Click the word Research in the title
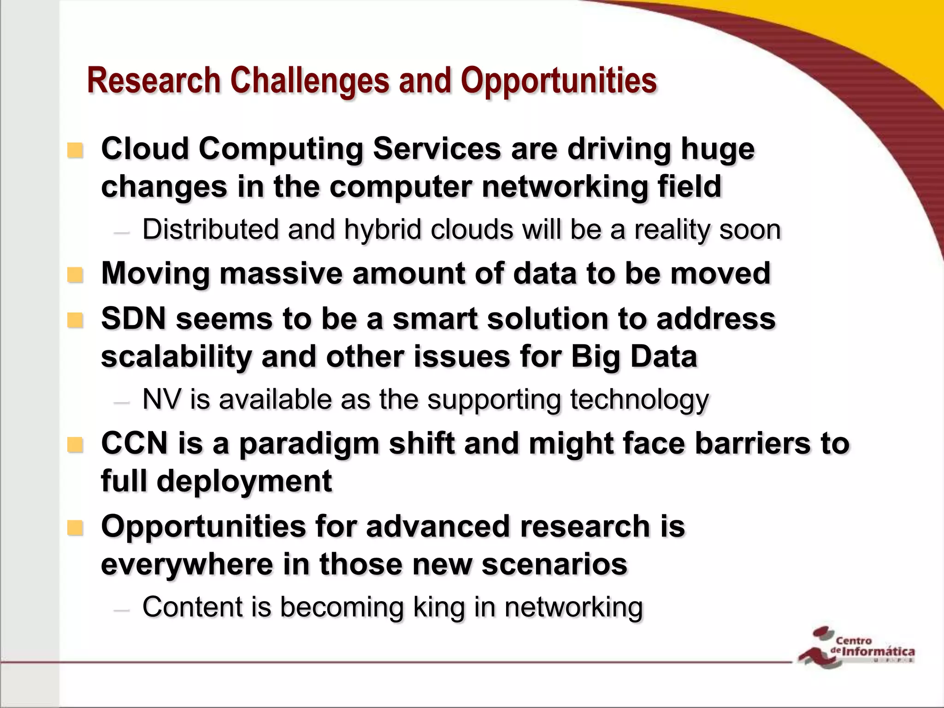[x=154, y=81]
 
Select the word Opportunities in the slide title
[x=559, y=81]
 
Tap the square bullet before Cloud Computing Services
[x=75, y=150]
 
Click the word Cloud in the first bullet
[x=145, y=149]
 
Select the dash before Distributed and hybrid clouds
[x=122, y=232]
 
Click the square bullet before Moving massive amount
[x=75, y=275]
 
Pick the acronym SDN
[x=133, y=319]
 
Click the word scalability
[x=176, y=357]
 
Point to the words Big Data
[x=634, y=357]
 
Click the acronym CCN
[x=134, y=443]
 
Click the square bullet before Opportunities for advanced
[x=75, y=528]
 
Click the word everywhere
[x=187, y=564]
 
